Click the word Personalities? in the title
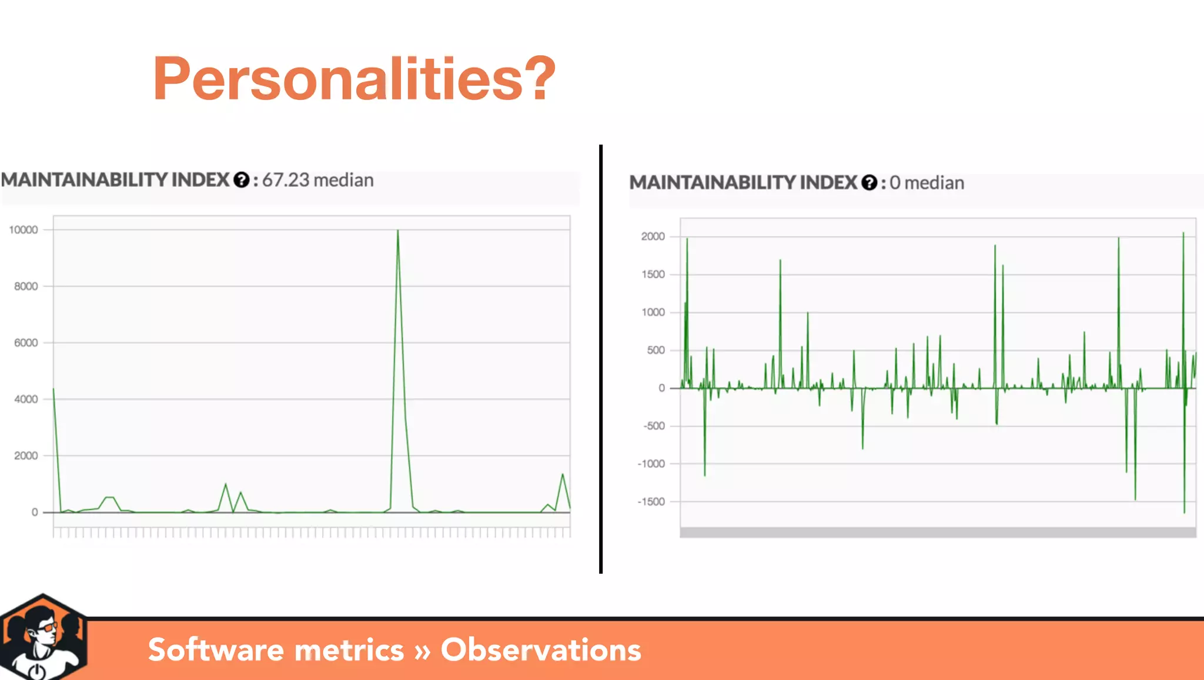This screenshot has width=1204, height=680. (x=354, y=79)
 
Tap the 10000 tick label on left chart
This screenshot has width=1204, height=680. (x=24, y=230)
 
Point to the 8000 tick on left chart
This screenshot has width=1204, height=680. (x=26, y=286)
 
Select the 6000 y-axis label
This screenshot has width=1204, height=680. (x=26, y=343)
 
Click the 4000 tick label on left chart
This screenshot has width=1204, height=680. (x=26, y=399)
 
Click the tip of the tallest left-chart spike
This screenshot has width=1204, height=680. (x=398, y=230)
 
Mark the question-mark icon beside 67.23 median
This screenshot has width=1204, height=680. (x=241, y=180)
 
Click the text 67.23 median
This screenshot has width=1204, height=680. (x=317, y=180)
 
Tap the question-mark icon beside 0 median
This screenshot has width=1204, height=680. (x=869, y=183)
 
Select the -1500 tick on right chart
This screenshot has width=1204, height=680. (x=651, y=502)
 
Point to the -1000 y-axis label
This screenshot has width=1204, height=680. (x=651, y=464)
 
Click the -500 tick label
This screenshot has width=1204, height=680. (x=654, y=426)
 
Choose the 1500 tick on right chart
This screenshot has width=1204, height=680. (x=653, y=274)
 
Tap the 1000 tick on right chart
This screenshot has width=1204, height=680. (x=653, y=312)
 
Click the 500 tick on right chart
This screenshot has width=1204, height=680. (x=655, y=350)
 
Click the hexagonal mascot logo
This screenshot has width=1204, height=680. (x=43, y=638)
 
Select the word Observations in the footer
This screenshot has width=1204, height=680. (x=541, y=650)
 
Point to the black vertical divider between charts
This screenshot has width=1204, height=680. (x=601, y=359)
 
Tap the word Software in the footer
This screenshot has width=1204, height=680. (x=216, y=650)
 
